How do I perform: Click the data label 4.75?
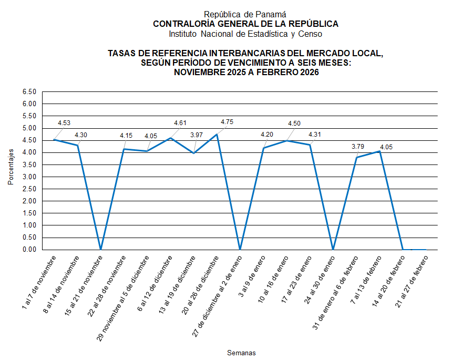tap(227, 122)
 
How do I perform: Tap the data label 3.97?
tap(196, 135)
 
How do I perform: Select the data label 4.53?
tap(64, 123)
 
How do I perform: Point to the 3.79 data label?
tap(358, 146)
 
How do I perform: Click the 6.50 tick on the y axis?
tap(29, 92)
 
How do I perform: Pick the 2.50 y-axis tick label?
tap(29, 189)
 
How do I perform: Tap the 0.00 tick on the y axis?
tap(29, 250)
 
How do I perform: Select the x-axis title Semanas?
tap(241, 352)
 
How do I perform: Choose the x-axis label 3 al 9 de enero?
tap(250, 273)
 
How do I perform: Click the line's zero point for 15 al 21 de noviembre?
tap(101, 250)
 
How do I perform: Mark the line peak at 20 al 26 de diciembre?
tap(217, 134)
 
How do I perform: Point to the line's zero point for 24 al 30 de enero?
tap(333, 250)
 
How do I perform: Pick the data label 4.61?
tap(180, 123)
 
